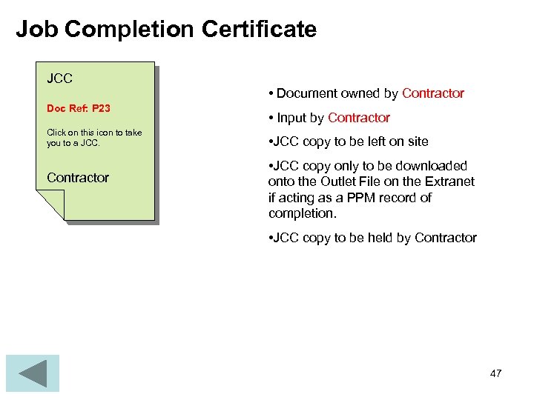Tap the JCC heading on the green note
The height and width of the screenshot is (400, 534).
[59, 78]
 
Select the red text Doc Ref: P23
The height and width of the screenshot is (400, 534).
[78, 108]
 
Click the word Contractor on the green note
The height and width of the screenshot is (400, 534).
[77, 178]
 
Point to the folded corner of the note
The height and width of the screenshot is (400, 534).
[50, 203]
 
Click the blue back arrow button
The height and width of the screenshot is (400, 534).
[32, 373]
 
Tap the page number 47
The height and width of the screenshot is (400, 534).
[495, 373]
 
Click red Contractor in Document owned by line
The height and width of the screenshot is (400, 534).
[433, 93]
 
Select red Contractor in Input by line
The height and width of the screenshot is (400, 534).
[359, 118]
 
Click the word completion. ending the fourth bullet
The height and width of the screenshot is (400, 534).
[302, 213]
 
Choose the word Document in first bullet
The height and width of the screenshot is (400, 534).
[306, 93]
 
